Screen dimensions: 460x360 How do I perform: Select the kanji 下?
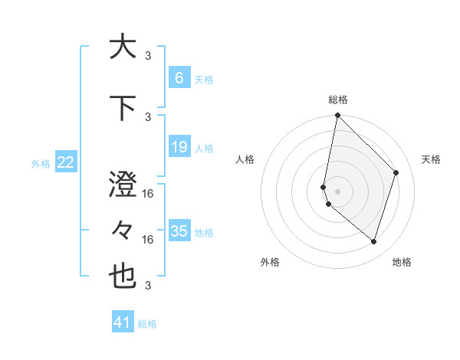coord(123,107)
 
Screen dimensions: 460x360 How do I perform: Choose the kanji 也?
coord(123,277)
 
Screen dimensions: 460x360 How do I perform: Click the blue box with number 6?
coord(179,78)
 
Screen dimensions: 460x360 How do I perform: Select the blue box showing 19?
coord(179,147)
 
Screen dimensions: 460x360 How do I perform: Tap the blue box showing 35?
coord(179,231)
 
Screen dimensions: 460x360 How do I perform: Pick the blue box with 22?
coord(66,162)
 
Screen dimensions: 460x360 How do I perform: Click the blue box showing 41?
coord(123,322)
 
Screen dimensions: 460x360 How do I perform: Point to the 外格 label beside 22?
coord(41,163)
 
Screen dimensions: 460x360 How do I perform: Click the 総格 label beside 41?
coord(147,324)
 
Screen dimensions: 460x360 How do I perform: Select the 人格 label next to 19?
coord(204,148)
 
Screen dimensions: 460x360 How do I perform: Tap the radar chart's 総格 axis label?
coord(338,100)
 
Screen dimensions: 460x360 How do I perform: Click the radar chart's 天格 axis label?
coord(431,159)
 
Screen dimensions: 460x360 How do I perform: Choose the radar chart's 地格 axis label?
coord(402,262)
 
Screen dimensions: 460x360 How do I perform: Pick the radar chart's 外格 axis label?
coord(270,262)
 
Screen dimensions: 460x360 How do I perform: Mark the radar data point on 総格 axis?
coord(338,116)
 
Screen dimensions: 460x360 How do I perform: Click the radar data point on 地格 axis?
coord(373,241)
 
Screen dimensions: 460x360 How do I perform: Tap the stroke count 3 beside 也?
coord(148,286)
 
